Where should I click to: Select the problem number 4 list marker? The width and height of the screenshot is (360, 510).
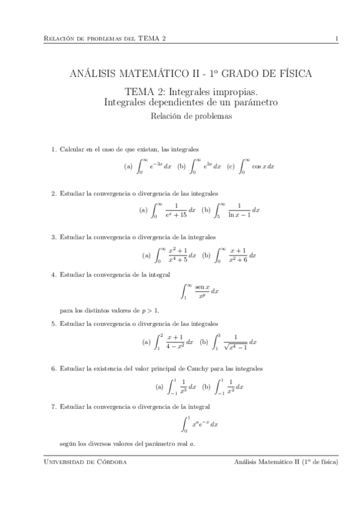pyautogui.click(x=53, y=275)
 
